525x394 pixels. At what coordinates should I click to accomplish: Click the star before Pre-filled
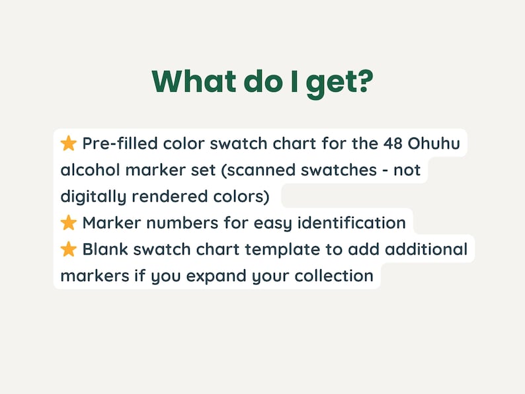pos(69,143)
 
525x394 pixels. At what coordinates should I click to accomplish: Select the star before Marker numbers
pos(69,223)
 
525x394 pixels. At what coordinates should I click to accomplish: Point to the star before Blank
pos(69,249)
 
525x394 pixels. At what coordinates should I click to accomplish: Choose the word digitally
pos(93,196)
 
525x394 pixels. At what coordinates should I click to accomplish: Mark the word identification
pos(352,223)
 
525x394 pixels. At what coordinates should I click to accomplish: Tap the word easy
pos(272,223)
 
